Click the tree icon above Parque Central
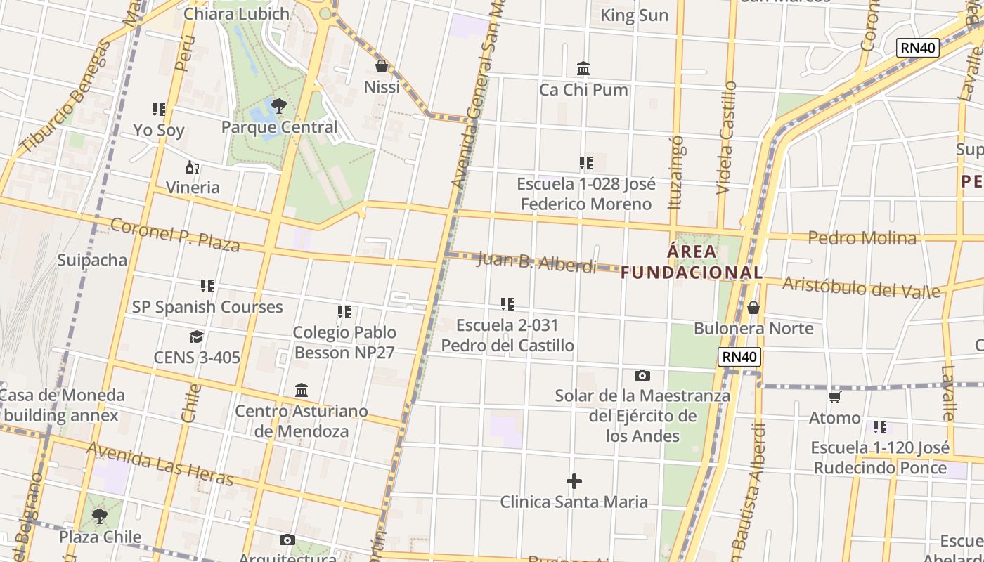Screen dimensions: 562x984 pos(279,107)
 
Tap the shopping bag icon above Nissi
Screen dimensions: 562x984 pos(382,67)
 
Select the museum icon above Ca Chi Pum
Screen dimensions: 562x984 pos(583,69)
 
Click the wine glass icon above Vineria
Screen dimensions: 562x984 pos(192,167)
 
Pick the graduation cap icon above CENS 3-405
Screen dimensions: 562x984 pos(197,337)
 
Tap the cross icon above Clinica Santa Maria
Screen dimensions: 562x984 pos(574,481)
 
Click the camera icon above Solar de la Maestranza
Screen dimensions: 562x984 pos(642,375)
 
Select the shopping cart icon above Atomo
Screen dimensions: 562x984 pos(835,398)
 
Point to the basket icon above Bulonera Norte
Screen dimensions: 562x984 pos(753,308)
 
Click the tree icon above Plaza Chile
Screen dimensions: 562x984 pos(100,516)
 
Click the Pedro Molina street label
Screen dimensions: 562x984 pos(862,238)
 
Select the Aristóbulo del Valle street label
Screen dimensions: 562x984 pos(861,287)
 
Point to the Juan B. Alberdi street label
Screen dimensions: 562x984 pos(536,262)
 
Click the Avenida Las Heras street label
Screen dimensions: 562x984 pos(160,464)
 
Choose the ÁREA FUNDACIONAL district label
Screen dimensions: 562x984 pos(692,262)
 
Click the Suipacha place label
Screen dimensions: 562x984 pos(92,260)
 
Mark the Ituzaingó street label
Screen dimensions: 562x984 pos(677,173)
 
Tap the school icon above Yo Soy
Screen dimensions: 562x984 pos(159,110)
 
